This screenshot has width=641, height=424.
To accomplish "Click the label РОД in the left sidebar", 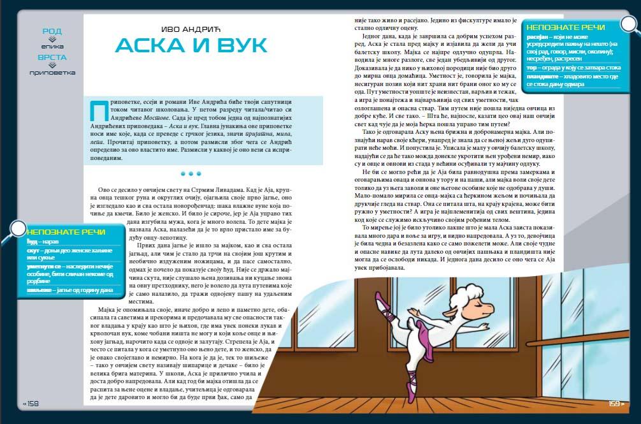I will click(x=52, y=31).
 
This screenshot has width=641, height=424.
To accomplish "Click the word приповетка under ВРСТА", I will click(x=52, y=72).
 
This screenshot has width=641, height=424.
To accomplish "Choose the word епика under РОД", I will click(x=52, y=46).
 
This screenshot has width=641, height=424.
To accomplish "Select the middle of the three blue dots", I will click(x=191, y=173).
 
